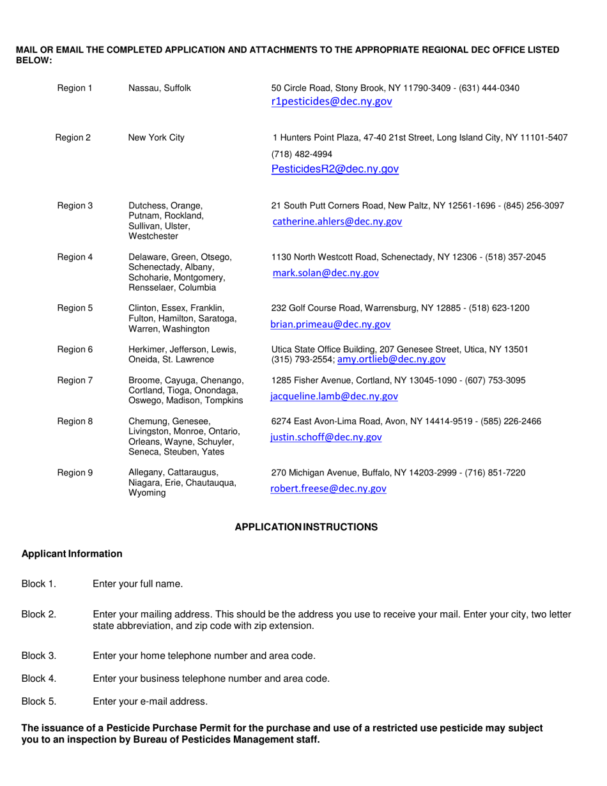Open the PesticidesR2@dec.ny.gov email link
(335, 169)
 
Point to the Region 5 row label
(75, 308)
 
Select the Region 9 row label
(75, 473)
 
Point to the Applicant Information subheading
(72, 554)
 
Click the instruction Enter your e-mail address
(150, 702)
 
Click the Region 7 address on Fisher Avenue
(398, 380)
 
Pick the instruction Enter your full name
(138, 583)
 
